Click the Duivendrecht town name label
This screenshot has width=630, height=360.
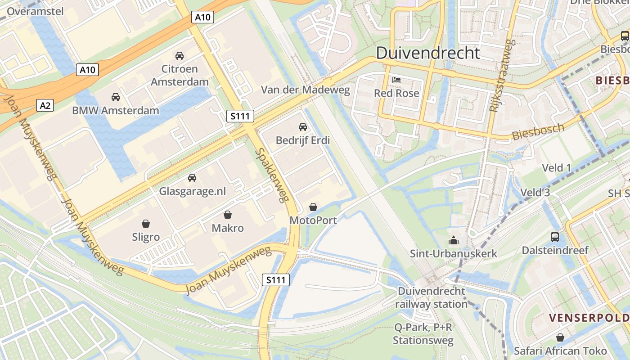(427, 53)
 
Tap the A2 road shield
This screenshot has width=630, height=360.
(45, 106)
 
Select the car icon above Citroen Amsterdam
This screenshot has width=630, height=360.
(180, 56)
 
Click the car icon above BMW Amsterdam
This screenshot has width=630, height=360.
(116, 97)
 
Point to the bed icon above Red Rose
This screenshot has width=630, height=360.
(396, 80)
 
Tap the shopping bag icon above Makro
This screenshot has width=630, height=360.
(228, 215)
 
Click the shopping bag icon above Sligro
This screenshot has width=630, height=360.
(146, 224)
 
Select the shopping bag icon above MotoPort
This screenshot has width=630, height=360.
(313, 207)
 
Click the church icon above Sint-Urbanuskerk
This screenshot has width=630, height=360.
(454, 240)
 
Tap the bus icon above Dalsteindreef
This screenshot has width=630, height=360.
(555, 237)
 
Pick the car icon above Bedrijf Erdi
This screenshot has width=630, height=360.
(303, 127)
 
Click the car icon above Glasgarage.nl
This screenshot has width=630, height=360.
(192, 178)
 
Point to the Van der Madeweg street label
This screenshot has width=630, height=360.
(306, 90)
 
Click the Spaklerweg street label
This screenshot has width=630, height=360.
(271, 175)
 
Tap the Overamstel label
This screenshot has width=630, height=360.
(36, 11)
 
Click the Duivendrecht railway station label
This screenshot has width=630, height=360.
(432, 297)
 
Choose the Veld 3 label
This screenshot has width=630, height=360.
(535, 193)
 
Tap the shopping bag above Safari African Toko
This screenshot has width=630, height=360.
(560, 337)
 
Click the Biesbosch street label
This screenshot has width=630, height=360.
(538, 132)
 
